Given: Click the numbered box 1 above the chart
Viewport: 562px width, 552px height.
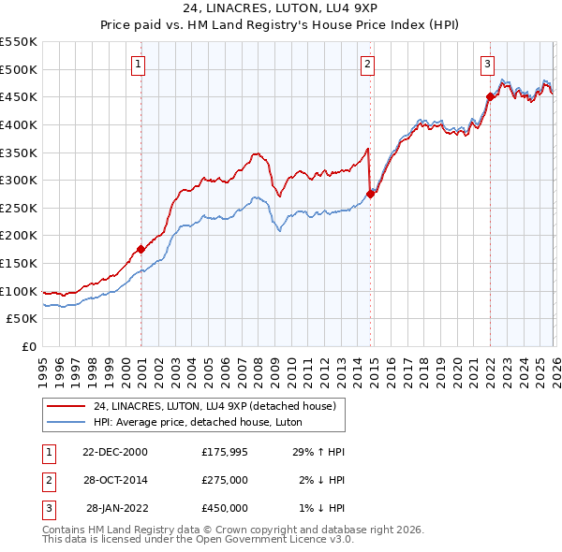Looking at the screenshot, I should pos(138,65).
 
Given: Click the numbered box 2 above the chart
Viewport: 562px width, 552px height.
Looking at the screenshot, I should pos(367,65).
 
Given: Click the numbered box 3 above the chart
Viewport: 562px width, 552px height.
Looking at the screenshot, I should pos(487,65).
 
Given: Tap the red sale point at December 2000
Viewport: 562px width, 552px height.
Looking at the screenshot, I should pos(141,249).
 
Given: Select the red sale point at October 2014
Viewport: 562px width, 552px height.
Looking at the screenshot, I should pos(371,194).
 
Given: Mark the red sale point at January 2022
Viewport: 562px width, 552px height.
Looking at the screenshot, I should pos(490,96).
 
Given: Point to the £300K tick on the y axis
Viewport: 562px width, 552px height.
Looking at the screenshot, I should pos(19,180).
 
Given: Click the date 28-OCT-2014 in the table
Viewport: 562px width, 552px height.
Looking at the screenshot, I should pos(115,480).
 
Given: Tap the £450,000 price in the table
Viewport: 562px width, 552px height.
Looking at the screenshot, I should pos(225,508).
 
